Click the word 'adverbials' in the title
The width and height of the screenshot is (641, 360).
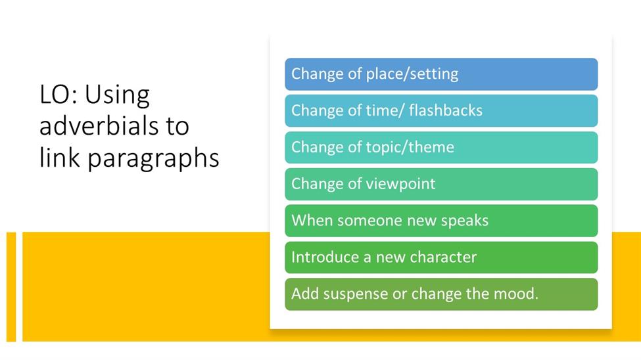[x=100, y=126]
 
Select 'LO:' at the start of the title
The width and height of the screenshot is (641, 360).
[x=58, y=95]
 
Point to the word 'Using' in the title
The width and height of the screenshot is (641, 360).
[x=117, y=96]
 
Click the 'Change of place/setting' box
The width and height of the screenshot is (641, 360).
[x=441, y=74]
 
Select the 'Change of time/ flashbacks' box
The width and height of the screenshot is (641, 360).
[x=441, y=111]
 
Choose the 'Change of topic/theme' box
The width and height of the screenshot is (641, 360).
[x=441, y=148]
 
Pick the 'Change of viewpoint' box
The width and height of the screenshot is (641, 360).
[x=441, y=185]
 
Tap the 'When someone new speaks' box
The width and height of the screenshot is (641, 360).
[x=441, y=221]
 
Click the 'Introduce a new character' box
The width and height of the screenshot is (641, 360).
[x=441, y=258]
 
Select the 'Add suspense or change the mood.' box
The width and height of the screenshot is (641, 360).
[x=441, y=294]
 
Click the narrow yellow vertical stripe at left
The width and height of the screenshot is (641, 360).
[x=11, y=287]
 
